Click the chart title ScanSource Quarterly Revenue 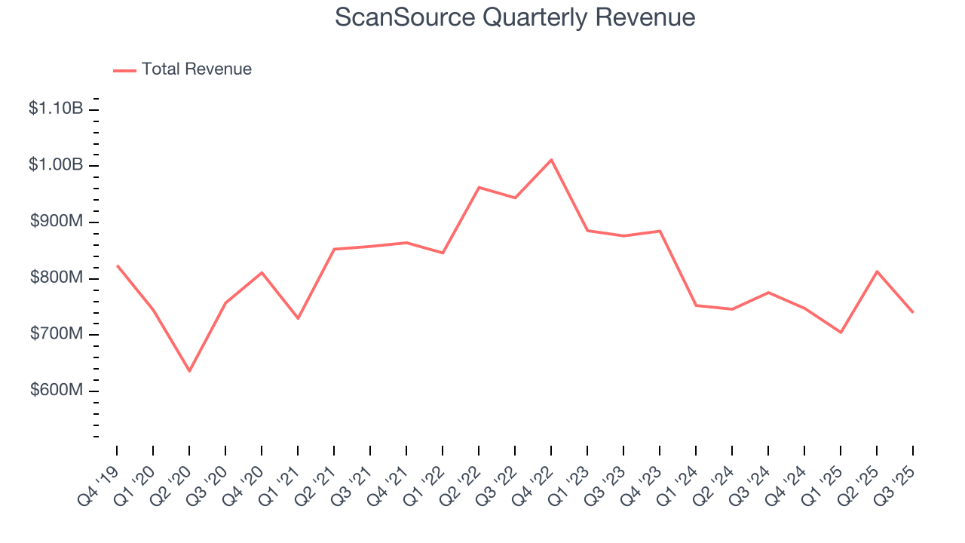pos(515,17)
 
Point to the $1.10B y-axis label pos(56,109)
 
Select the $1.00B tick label pos(56,165)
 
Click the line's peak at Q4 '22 pos(551,160)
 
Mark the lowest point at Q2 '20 pos(189,371)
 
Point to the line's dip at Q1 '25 pos(841,333)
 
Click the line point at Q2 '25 pos(877,271)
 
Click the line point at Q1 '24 pos(696,305)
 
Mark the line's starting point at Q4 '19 pos(117,265)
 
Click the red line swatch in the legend pos(124,70)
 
